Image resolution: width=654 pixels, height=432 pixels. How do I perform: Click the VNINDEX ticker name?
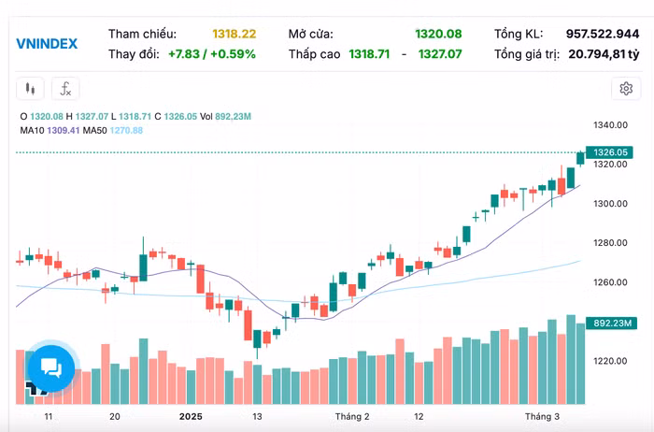[47, 44]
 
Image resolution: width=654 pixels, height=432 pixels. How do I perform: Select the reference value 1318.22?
[234, 34]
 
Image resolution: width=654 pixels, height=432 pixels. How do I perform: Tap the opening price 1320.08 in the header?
[438, 34]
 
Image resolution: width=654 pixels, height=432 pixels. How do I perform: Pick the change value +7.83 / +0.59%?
[212, 54]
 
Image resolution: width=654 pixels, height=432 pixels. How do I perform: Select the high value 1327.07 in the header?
[439, 54]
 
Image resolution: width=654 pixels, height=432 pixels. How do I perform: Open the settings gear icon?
[625, 89]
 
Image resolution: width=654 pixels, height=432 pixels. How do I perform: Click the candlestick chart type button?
[31, 90]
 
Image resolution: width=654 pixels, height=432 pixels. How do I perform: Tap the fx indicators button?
[65, 90]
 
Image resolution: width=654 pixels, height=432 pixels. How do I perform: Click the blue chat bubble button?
[50, 367]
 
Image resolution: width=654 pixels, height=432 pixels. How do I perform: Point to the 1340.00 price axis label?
[610, 125]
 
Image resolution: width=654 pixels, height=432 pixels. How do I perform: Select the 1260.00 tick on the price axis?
[610, 282]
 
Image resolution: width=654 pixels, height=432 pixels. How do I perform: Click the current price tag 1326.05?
[611, 152]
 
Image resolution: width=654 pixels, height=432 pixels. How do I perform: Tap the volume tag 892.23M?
[614, 324]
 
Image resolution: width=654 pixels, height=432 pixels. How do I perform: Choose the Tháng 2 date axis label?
[352, 416]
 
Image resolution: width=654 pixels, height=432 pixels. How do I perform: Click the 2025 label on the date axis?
[191, 416]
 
